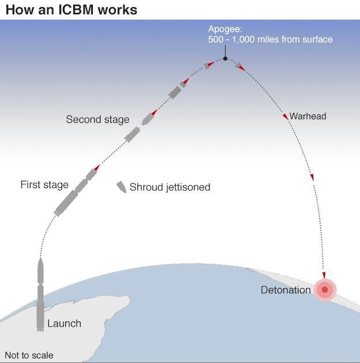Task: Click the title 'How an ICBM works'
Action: coord(71,10)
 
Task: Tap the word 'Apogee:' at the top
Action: coord(226,28)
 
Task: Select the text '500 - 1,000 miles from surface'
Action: coord(270,39)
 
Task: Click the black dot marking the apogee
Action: coord(225,58)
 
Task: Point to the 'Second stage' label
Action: coord(97,119)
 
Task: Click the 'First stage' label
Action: coord(44,185)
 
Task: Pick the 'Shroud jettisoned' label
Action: coord(170,187)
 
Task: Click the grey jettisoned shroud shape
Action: coord(121,186)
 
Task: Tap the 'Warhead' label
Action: coord(307,116)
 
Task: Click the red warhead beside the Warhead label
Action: coord(285,117)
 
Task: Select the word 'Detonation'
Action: coord(286,290)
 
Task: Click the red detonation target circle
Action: coord(324,290)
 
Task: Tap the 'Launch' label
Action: coord(64,323)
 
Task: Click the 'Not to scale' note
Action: coord(29,355)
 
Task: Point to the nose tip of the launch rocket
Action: coord(40,260)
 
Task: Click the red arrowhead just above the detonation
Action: coord(324,275)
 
